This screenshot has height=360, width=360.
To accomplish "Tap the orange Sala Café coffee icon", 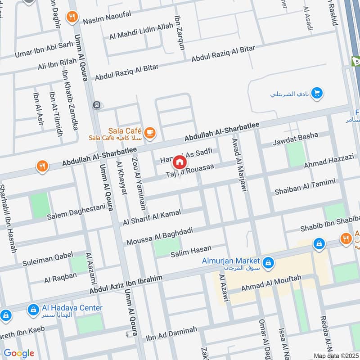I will [x=149, y=132].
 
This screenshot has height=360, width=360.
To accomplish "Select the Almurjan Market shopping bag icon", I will [x=268, y=262].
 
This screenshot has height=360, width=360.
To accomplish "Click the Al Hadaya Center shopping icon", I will [x=33, y=310].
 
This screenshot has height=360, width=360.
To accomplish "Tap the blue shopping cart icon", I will [x=318, y=93].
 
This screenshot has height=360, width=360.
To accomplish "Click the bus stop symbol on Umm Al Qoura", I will [x=96, y=105].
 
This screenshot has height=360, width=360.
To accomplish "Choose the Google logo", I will [x=19, y=353].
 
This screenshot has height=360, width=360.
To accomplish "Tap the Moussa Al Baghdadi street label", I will [x=160, y=237].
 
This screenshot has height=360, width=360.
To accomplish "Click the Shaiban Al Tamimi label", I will [x=305, y=188].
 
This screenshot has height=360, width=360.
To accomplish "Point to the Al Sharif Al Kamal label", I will [x=152, y=217].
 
